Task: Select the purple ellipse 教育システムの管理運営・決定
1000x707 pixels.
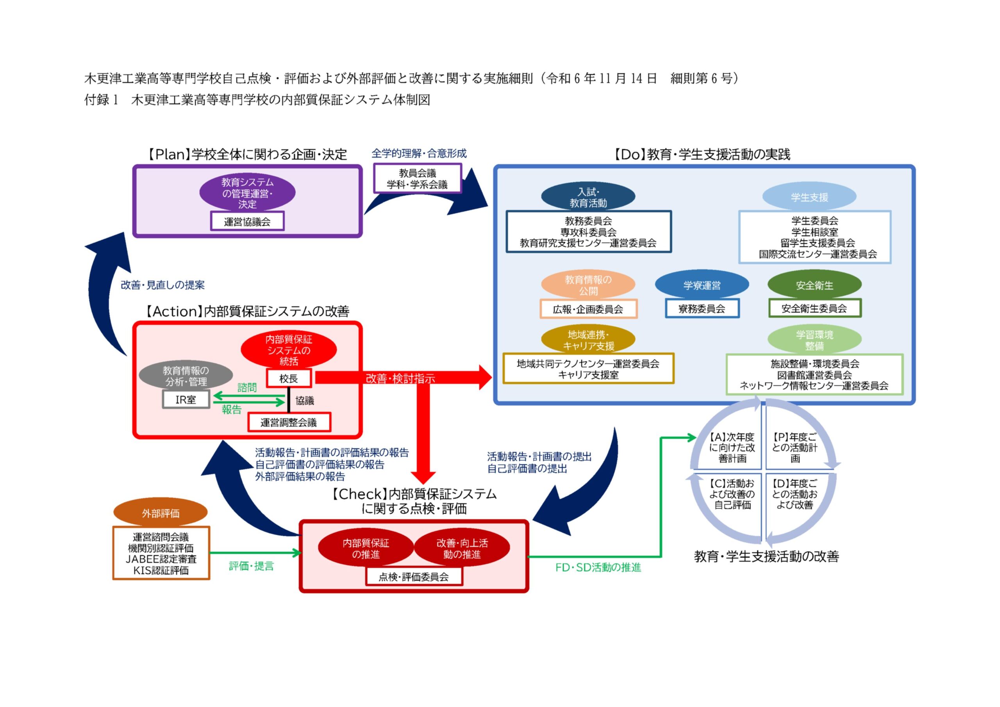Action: point(247,192)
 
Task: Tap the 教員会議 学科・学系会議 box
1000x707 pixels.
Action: point(417,178)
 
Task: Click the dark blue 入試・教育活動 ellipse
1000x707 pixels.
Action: point(588,197)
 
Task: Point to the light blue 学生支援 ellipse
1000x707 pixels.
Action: point(809,197)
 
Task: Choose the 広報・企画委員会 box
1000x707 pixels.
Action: point(588,309)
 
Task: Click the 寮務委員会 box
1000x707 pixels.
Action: point(702,309)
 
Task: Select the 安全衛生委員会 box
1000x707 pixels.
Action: point(814,308)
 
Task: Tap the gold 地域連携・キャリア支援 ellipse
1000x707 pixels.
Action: point(588,340)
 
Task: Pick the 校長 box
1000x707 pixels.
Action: point(288,378)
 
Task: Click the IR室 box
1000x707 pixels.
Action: point(186,399)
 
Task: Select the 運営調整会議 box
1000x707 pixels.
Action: point(289,422)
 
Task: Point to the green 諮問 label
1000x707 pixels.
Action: point(247,387)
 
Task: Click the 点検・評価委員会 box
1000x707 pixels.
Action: point(413,577)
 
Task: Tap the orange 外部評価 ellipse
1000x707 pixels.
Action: point(160,513)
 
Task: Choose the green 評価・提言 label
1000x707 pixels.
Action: point(251,566)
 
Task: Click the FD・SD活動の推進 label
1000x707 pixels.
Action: point(598,567)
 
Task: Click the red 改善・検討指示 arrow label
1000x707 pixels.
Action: point(400,378)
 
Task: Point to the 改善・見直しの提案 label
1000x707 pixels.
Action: point(162,285)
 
